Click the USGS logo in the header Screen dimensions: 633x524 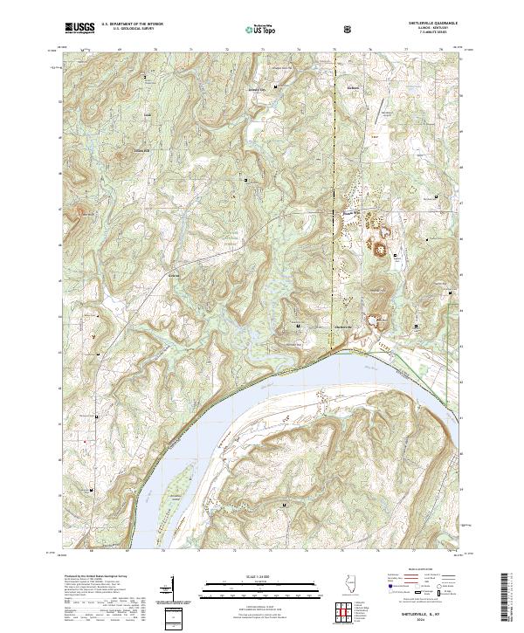(79, 28)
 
